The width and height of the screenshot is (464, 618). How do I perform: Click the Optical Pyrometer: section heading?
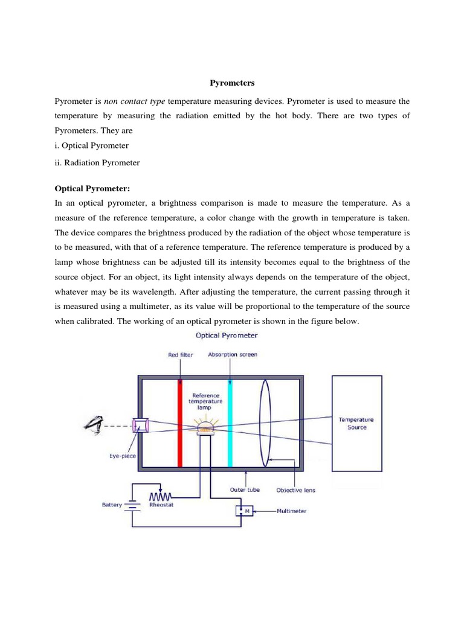coord(92,189)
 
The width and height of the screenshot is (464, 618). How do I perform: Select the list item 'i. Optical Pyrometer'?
coord(92,145)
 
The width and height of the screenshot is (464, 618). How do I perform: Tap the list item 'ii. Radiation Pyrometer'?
coord(97,162)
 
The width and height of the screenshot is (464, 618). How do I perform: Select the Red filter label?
coord(181,355)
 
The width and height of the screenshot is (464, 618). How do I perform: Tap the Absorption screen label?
coord(232,355)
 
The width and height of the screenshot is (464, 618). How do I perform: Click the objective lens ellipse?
coord(265,422)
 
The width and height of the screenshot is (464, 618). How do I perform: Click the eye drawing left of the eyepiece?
coord(94,425)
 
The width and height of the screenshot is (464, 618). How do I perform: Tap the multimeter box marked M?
coord(246,511)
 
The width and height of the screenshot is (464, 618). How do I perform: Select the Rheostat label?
coord(161,505)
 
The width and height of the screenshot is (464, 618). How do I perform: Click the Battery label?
coord(112,505)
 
